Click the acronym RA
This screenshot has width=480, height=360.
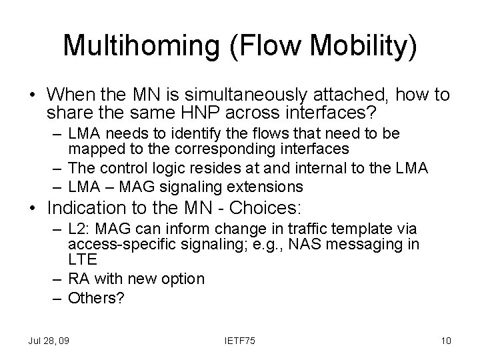(x=78, y=278)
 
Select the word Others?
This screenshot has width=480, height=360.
(x=97, y=298)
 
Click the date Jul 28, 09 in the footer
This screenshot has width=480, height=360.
(x=49, y=341)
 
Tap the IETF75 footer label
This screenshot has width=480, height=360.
(x=240, y=341)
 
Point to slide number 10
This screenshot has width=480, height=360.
(x=446, y=341)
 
